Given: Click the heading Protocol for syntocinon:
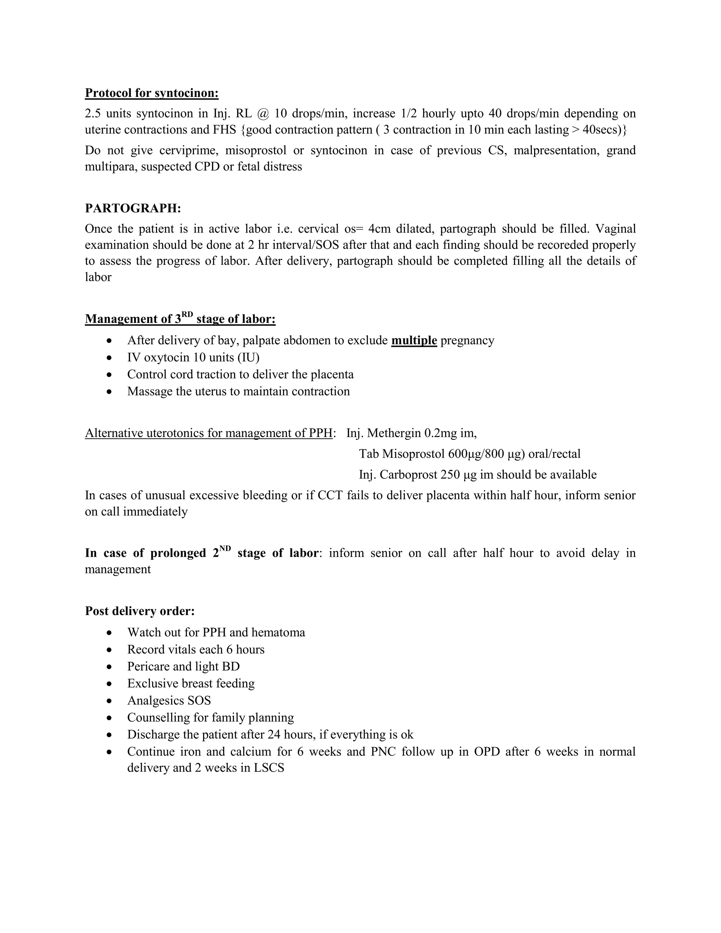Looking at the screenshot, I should click(x=152, y=93).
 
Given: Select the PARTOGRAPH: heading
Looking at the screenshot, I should click(x=133, y=208).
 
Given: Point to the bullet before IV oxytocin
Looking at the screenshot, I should click(x=110, y=358).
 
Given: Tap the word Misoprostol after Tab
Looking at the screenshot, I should click(x=413, y=454).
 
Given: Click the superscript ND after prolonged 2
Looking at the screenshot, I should click(x=225, y=549).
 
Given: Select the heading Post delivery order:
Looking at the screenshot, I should click(x=140, y=611).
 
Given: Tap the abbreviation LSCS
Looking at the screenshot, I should click(x=269, y=768).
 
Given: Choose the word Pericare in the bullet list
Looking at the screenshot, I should click(x=148, y=666).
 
